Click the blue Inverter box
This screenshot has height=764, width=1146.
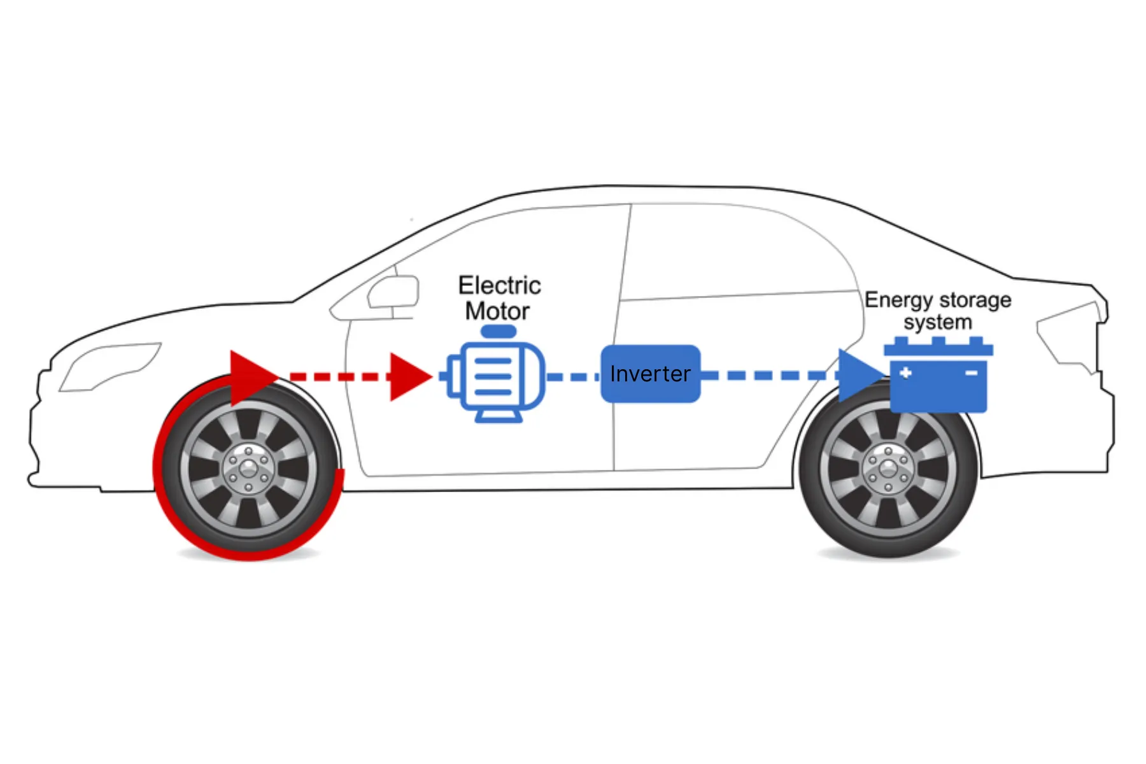650,374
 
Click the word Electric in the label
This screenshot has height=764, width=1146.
500,285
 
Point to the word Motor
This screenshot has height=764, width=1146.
497,311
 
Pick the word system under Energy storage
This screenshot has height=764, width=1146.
937,322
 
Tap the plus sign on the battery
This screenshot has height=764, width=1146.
905,373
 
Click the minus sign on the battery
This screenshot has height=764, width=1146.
971,373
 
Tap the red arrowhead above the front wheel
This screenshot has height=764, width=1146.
250,378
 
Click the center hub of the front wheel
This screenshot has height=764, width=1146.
248,470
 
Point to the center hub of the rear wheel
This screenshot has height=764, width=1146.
888,470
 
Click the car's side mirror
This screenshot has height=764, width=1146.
393,293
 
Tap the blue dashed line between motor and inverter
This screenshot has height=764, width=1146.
572,377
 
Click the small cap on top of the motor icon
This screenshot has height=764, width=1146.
498,332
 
